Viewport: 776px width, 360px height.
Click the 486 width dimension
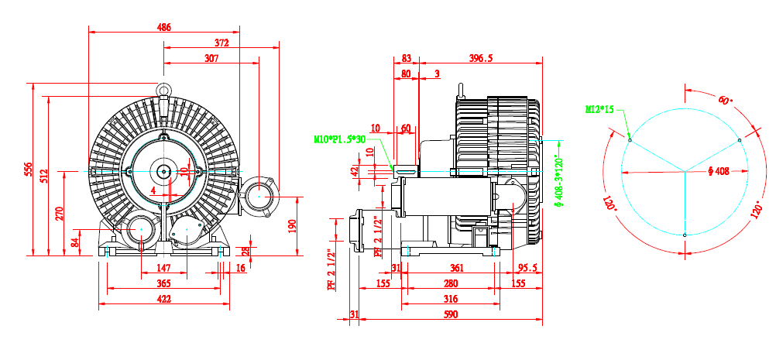click(x=164, y=27)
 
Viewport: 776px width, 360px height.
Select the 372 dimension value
click(x=222, y=43)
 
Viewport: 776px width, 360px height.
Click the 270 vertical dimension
click(x=60, y=213)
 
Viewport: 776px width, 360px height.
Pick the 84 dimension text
click(x=75, y=242)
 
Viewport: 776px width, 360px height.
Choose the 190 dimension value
click(x=292, y=225)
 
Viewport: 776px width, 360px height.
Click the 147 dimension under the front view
click(x=163, y=268)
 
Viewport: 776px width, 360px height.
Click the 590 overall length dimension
click(x=451, y=314)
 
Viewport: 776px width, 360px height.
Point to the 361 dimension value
click(x=457, y=268)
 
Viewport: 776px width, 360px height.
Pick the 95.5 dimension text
click(x=528, y=268)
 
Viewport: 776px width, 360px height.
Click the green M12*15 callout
click(x=599, y=109)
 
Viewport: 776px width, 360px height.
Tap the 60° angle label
click(x=724, y=101)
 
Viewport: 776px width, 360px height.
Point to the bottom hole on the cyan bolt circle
click(x=685, y=235)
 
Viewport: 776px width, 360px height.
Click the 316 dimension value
click(x=450, y=299)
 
